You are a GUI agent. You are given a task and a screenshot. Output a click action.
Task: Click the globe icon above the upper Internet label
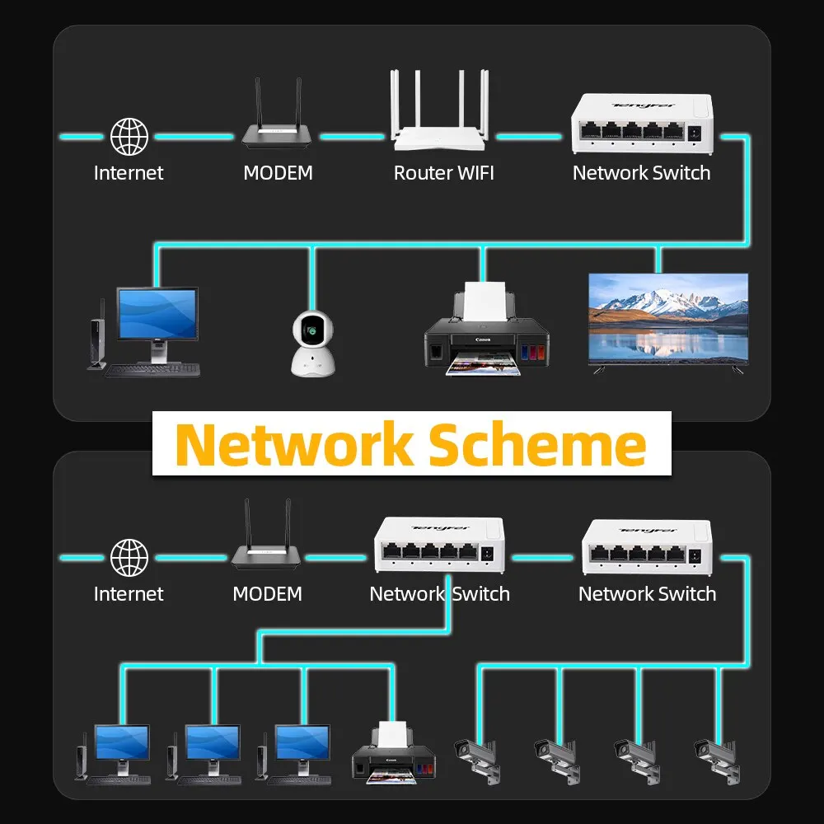coord(129,137)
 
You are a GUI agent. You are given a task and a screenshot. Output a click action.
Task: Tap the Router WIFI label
coord(443,173)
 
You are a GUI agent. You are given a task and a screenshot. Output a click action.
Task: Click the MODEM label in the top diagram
coord(278,173)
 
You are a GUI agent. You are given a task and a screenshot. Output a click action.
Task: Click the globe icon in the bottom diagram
coord(129,557)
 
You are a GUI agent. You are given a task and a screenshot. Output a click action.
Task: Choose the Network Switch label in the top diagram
coord(641,173)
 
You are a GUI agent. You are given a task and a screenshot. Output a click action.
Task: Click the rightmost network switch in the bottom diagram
coord(647,545)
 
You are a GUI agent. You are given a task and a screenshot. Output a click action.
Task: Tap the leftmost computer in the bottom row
coord(115,751)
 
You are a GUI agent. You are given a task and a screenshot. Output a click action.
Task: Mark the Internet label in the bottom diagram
coord(129,594)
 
